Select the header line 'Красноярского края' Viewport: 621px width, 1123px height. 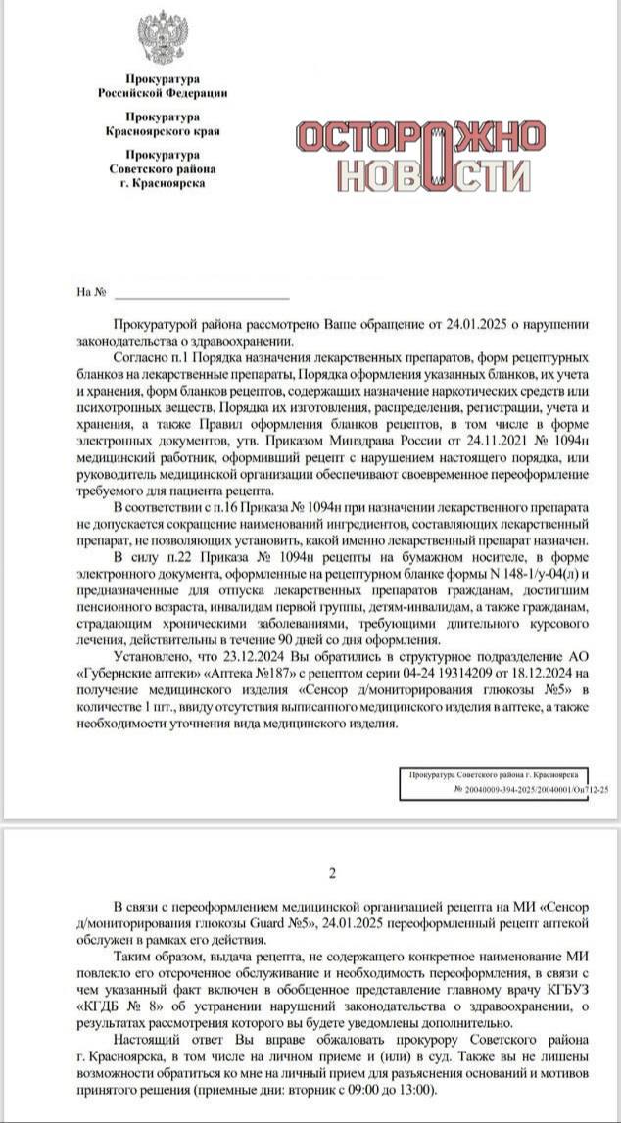pyautogui.click(x=163, y=129)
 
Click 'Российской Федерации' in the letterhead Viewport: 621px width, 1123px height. pyautogui.click(x=163, y=93)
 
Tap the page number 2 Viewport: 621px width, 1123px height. pyautogui.click(x=332, y=873)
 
